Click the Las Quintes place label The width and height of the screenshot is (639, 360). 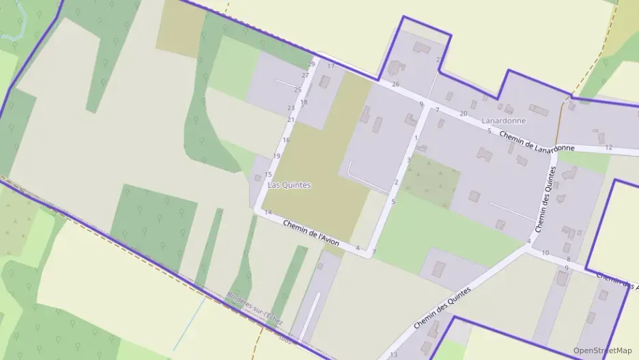289,184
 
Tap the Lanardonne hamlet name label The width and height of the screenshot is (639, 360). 504,121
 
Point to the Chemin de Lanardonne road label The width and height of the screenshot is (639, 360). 536,142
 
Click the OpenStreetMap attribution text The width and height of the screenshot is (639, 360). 602,350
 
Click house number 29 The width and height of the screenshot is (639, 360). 311,64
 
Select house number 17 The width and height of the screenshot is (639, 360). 331,66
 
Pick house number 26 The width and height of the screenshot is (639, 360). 395,84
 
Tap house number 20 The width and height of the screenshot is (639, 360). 464,113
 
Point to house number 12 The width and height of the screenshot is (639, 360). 609,148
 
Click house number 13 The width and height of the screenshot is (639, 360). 393,355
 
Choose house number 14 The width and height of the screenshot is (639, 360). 268,213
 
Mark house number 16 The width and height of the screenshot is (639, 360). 286,140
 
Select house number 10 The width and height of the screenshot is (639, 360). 545,253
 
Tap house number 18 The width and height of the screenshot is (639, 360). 304,102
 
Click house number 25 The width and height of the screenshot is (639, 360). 298,89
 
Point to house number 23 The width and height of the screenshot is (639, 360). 291,108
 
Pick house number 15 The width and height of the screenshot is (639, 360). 268,174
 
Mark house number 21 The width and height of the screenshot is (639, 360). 291,120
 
